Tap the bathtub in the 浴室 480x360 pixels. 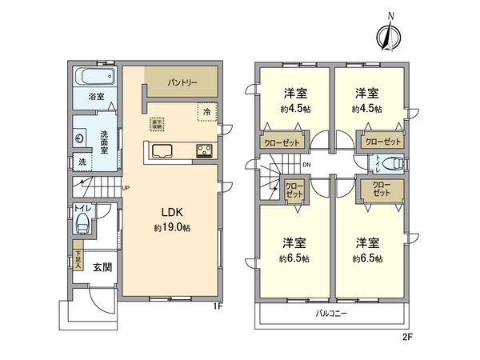93,79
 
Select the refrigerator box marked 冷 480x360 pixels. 207,112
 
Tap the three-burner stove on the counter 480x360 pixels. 202,150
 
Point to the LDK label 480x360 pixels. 174,213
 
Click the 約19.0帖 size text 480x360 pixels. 174,228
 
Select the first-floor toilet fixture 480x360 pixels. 81,225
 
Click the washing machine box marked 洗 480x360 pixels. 81,162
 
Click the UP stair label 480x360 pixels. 126,189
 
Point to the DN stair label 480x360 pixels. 307,166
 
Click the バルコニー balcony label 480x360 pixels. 330,314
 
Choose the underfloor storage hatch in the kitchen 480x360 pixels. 158,124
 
